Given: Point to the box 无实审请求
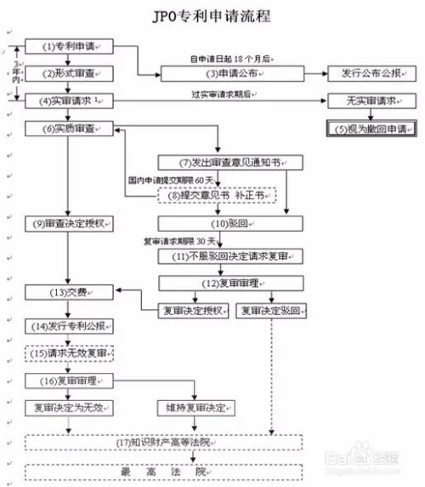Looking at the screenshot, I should pyautogui.click(x=372, y=101).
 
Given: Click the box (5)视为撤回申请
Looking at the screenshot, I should pyautogui.click(x=372, y=129).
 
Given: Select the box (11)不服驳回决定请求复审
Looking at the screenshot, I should pyautogui.click(x=229, y=255).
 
